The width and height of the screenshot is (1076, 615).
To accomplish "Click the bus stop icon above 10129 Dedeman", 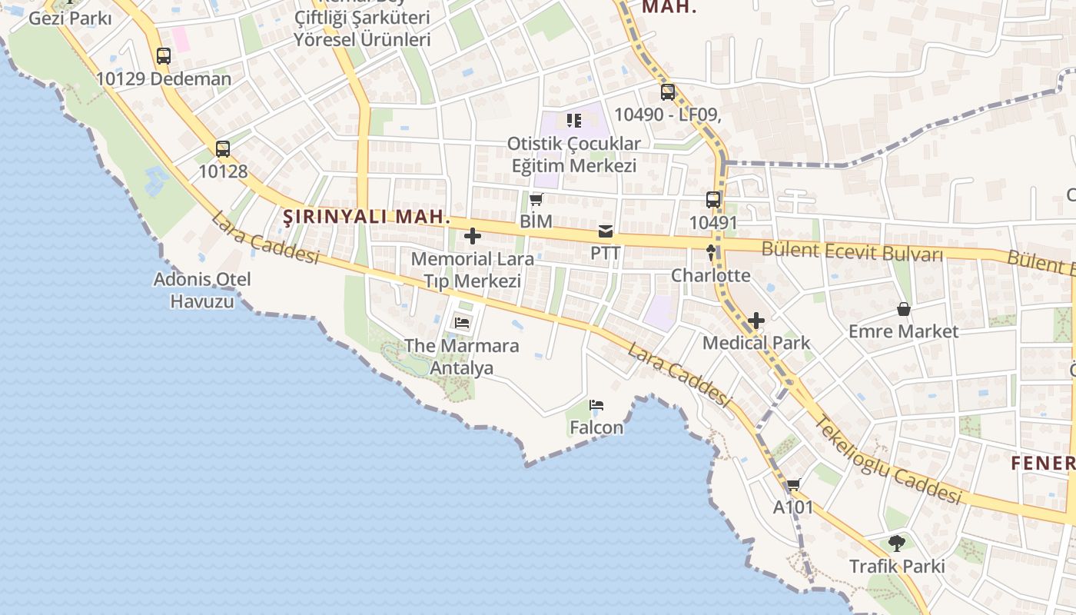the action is pos(163,55).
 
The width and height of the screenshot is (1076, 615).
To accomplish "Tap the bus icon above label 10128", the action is pos(223,149).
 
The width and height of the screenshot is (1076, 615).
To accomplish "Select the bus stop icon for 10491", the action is pos(713,200).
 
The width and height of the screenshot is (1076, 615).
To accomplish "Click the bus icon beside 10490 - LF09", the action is pos(668,92).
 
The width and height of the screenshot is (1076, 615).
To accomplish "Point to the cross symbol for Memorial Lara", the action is pos(473,236).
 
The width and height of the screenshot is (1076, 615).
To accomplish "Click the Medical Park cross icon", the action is pos(756,321).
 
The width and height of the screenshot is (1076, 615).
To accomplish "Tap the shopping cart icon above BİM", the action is pos(536,199).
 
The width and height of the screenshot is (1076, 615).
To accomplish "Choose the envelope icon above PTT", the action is pos(606,231).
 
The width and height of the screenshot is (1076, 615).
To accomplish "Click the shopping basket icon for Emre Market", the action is pos(903,309).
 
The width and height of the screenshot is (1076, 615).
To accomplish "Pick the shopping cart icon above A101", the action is pos(793,485).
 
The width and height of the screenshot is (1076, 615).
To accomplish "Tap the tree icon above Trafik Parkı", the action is pos(896,544).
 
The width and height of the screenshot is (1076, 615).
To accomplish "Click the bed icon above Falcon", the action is pos(596,405).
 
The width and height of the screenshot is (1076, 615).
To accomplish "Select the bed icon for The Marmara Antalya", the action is pos(462,323).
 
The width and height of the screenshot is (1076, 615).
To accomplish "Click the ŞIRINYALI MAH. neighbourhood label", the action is pos(367,217).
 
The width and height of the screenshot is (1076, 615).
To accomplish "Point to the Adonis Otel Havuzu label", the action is pos(202,290).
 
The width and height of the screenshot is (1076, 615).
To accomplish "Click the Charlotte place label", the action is pos(711,275).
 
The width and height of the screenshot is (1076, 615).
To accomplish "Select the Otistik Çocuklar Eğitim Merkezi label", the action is pos(574,155).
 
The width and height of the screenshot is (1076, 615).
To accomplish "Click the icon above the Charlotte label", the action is pos(711,252).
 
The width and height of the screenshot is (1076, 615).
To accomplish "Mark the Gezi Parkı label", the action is pos(70,18).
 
